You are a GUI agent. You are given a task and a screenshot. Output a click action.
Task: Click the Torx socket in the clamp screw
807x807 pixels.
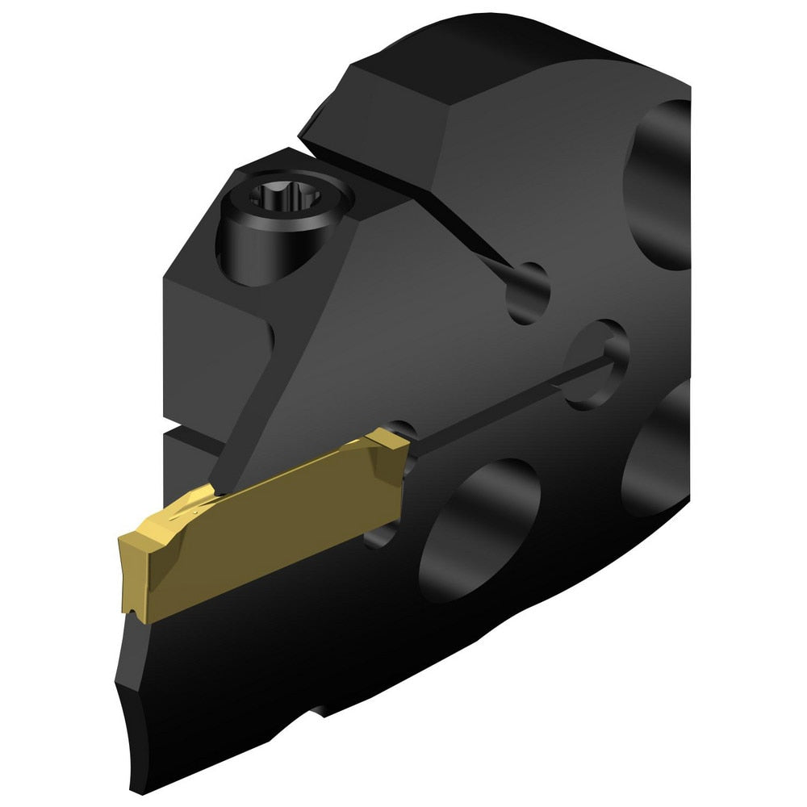pyautogui.click(x=268, y=197)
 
